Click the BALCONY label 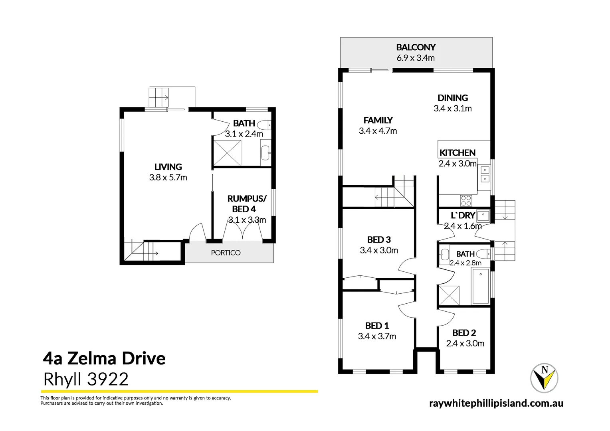(x=416, y=47)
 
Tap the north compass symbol (x=544, y=378)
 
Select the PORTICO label (x=226, y=253)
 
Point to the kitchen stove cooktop (x=466, y=200)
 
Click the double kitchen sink (x=484, y=174)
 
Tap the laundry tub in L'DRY (x=483, y=215)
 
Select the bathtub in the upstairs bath (x=481, y=286)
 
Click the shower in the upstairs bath (x=449, y=296)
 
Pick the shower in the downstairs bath (x=227, y=153)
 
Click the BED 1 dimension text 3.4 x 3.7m (x=377, y=336)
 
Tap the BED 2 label (x=464, y=333)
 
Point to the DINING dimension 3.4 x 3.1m (x=452, y=109)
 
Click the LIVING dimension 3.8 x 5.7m (x=168, y=178)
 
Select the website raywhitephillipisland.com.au (x=496, y=403)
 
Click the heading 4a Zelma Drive (x=104, y=358)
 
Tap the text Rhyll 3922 (x=86, y=379)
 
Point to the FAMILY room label (x=378, y=120)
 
